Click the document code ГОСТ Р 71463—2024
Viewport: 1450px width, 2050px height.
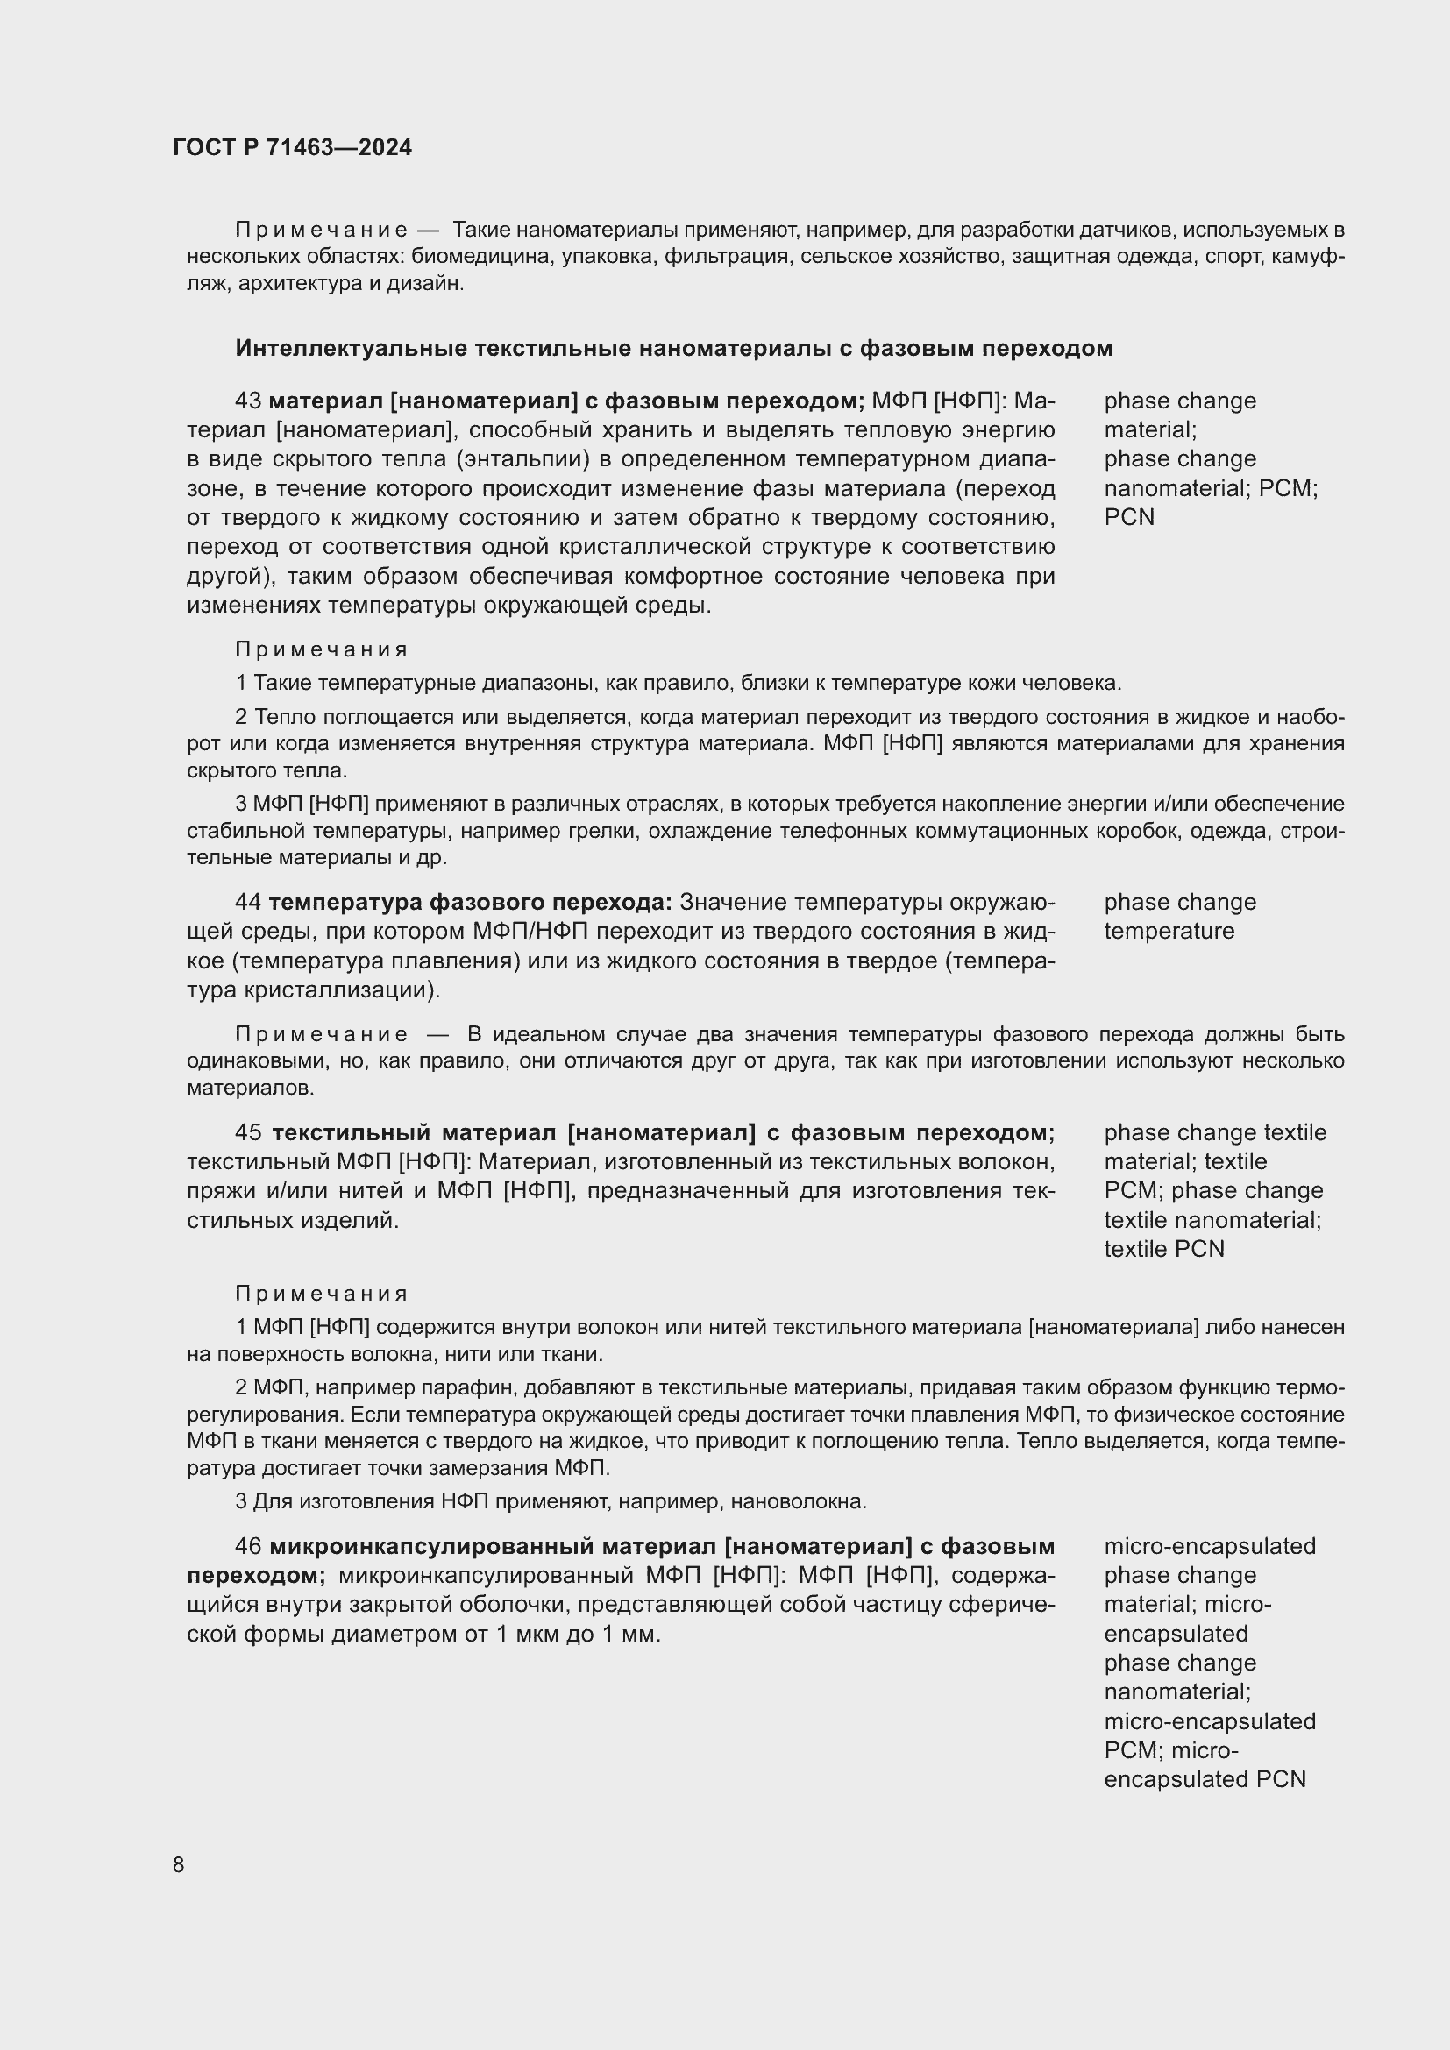(x=292, y=147)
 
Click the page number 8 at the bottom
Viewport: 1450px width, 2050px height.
(x=179, y=1865)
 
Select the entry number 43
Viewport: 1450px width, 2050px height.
(x=247, y=401)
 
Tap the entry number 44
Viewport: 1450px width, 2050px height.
(x=247, y=902)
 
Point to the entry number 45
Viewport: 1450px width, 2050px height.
(x=248, y=1132)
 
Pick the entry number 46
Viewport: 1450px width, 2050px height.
(x=248, y=1545)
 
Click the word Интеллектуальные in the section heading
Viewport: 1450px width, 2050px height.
(x=351, y=348)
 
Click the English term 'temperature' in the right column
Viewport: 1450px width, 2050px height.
(x=1169, y=931)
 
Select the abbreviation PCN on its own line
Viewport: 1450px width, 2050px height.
(x=1128, y=517)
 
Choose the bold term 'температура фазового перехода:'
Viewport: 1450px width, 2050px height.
(x=470, y=902)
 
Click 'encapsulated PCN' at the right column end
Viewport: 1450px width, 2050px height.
(x=1205, y=1778)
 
